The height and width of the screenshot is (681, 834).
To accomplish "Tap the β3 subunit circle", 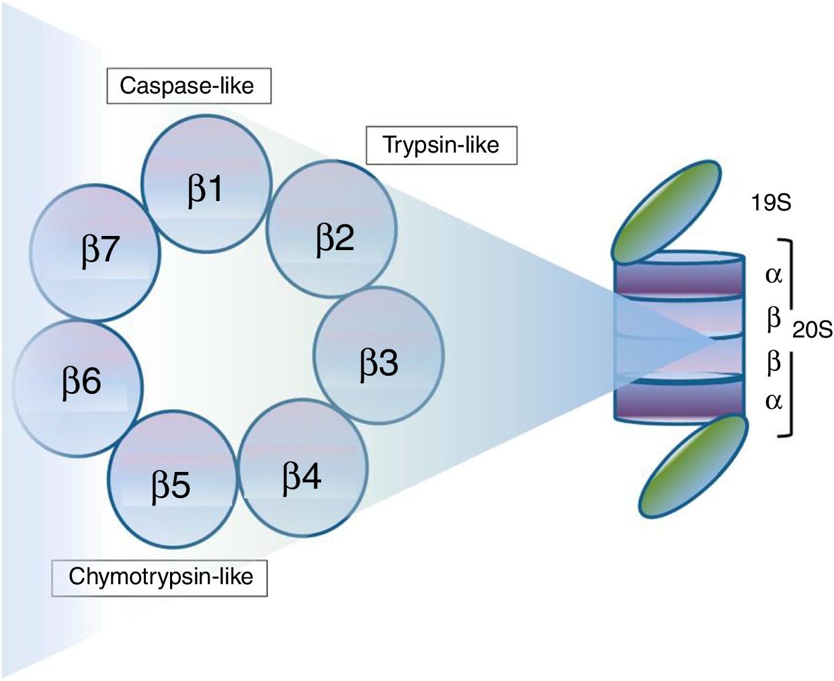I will tap(379, 356).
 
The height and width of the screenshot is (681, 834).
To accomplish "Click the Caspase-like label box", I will tap(188, 85).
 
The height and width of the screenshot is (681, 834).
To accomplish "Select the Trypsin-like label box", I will tap(441, 145).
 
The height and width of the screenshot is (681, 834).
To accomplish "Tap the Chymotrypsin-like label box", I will tap(160, 576).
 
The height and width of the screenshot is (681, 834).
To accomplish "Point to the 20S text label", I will tap(812, 330).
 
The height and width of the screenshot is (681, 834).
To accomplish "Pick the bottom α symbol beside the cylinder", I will tap(774, 401).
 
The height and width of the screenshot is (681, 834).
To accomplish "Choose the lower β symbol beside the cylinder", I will tap(774, 362).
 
